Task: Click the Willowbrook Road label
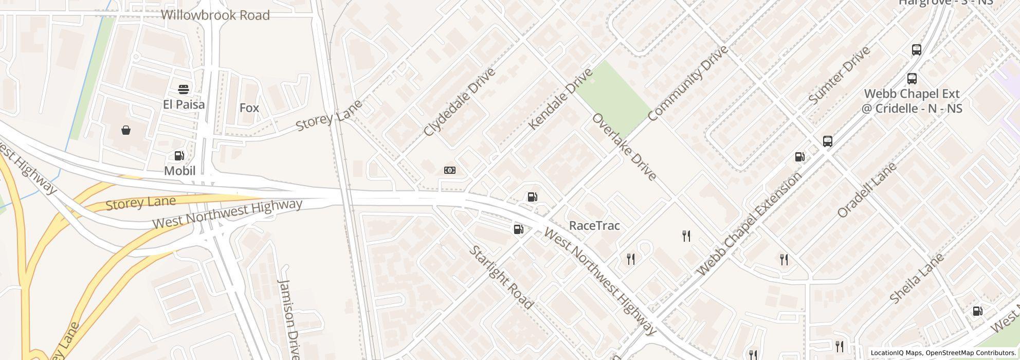[215, 15]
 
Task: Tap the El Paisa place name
[184, 104]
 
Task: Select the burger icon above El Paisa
[184, 89]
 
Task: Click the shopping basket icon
[126, 130]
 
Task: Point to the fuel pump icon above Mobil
[179, 156]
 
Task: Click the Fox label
[249, 108]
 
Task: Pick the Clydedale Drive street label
[459, 102]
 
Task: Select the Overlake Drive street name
[624, 147]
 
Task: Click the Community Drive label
[687, 83]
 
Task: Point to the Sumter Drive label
[839, 75]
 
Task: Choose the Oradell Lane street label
[867, 190]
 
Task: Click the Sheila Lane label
[916, 278]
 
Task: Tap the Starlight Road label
[501, 278]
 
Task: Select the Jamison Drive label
[288, 319]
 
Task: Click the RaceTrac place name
[594, 226]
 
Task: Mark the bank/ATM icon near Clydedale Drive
[449, 170]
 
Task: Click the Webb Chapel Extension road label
[749, 224]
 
